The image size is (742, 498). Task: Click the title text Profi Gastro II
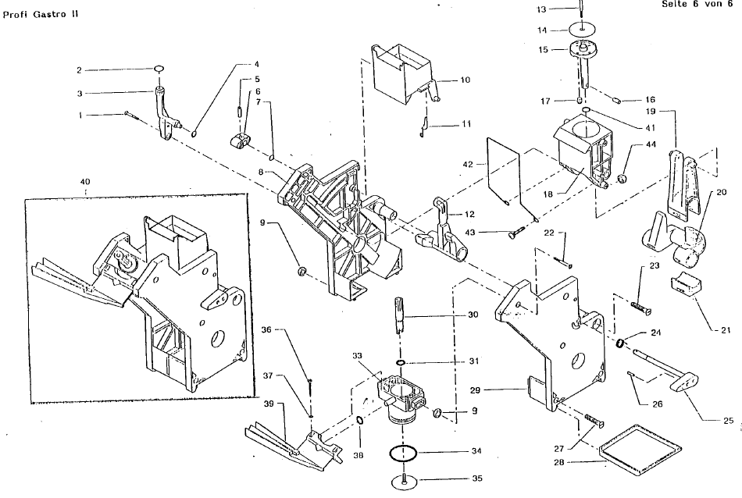click(41, 14)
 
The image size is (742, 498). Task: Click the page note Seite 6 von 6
click(697, 4)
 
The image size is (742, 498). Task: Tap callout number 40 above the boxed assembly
click(85, 182)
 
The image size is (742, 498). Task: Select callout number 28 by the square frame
click(559, 462)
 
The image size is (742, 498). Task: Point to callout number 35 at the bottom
click(477, 478)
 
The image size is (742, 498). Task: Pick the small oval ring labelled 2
click(159, 69)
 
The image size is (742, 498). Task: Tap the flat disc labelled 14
click(581, 30)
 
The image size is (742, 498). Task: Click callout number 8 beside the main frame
click(261, 173)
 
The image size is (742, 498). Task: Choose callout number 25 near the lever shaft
click(728, 421)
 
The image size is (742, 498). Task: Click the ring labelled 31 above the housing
click(401, 363)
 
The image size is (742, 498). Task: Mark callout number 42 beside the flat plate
click(468, 165)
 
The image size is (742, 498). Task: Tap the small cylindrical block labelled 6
click(240, 141)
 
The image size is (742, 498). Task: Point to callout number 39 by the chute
click(269, 404)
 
